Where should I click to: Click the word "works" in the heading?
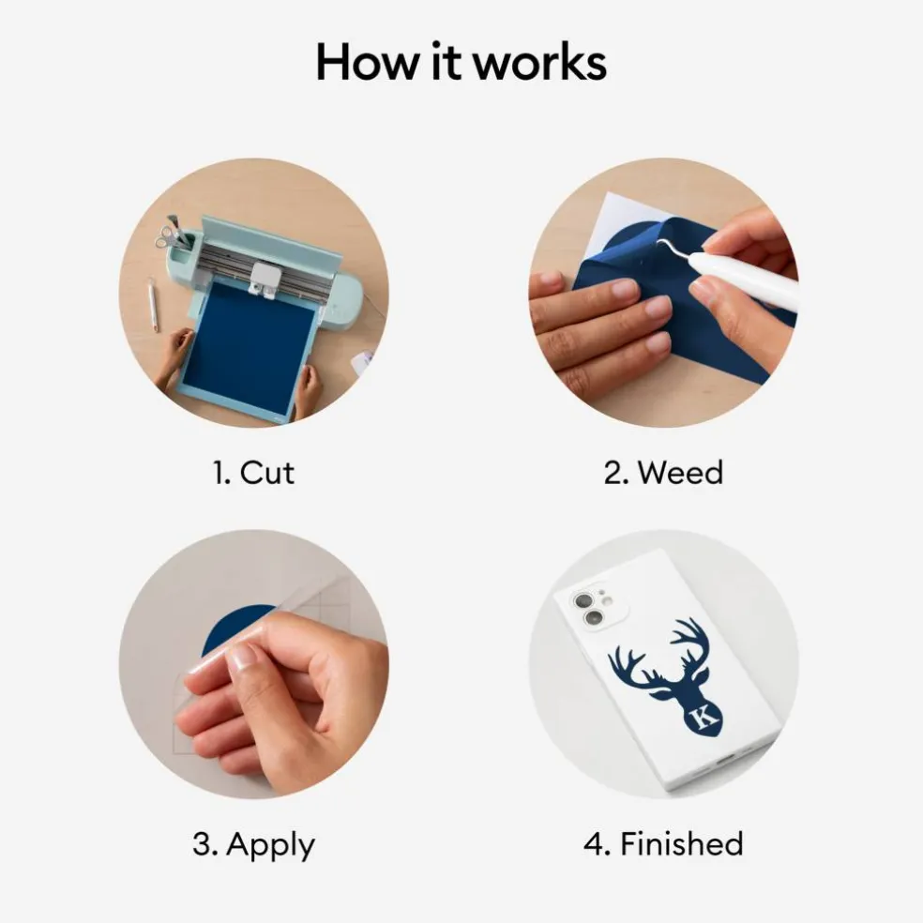(x=539, y=62)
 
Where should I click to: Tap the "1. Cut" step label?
(x=253, y=473)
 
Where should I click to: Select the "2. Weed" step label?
(x=663, y=473)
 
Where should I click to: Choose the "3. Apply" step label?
(x=253, y=845)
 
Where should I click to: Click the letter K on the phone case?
(x=704, y=717)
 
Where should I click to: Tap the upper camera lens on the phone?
(x=583, y=600)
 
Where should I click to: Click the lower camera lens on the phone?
(x=594, y=617)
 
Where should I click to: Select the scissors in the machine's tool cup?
(x=165, y=238)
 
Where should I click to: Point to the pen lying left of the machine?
(x=153, y=304)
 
